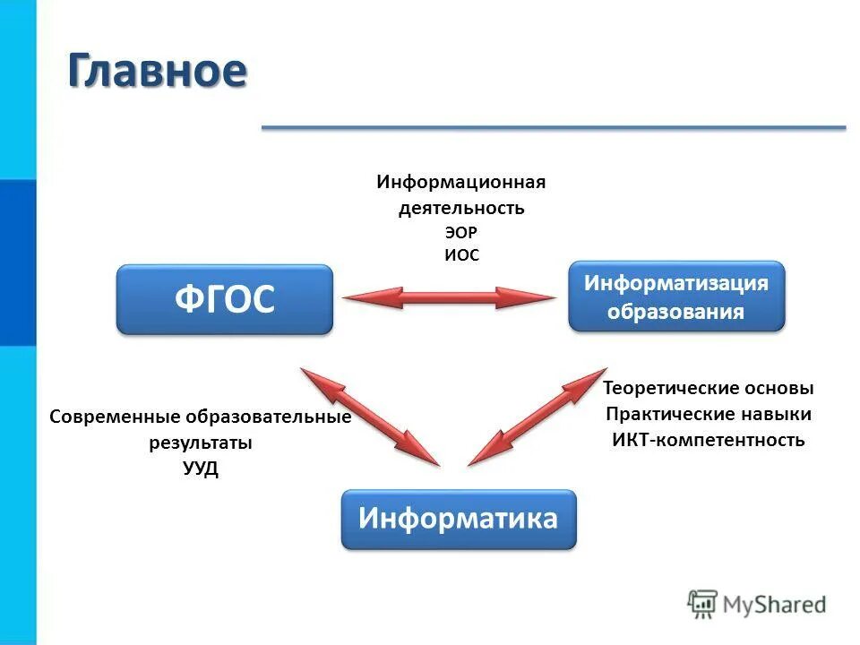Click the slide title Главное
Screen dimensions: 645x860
click(x=157, y=72)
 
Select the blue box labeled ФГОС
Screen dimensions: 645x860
click(x=224, y=300)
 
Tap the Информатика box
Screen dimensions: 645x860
click(x=459, y=519)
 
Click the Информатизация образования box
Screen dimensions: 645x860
click(x=676, y=297)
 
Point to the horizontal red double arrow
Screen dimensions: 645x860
click(x=448, y=298)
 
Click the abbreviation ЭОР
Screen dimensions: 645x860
click(x=460, y=232)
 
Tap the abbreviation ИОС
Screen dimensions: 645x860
click(x=461, y=255)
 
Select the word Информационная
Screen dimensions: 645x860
click(x=460, y=183)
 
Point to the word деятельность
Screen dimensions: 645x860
click(x=460, y=208)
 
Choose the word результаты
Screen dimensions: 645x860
click(x=200, y=443)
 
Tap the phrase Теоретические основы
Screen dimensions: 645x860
click(x=708, y=389)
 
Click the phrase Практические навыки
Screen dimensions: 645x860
click(x=708, y=415)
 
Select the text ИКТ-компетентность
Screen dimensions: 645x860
click(x=708, y=440)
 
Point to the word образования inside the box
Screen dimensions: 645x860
click(x=676, y=312)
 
